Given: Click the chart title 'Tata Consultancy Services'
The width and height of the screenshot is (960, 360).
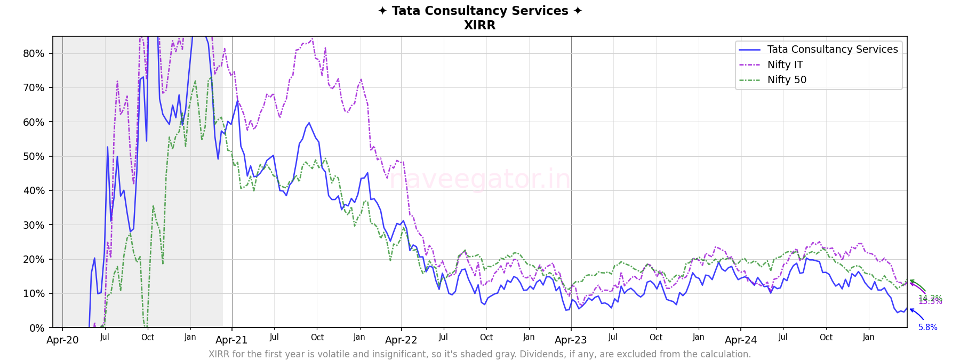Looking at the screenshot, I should [x=479, y=11].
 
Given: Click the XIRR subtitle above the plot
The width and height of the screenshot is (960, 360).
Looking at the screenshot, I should [x=479, y=26].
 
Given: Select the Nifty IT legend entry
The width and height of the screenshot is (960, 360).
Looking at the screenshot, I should [x=785, y=65].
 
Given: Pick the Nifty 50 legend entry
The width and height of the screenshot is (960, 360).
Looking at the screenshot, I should [x=787, y=80].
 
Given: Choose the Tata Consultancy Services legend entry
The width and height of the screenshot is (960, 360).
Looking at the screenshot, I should [x=832, y=50].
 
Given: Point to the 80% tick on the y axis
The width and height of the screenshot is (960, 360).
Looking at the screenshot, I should [x=34, y=53].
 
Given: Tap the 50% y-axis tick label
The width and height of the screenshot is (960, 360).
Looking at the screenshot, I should [x=34, y=156].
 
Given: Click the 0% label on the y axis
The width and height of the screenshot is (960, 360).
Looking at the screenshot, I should [x=36, y=328].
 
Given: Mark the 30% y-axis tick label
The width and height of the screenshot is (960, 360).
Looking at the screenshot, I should [x=34, y=225].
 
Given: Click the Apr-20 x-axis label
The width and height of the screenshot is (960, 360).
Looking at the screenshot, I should [x=62, y=340].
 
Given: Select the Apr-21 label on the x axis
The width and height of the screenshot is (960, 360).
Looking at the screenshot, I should [x=231, y=340].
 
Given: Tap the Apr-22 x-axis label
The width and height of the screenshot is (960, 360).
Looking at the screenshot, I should [x=401, y=340].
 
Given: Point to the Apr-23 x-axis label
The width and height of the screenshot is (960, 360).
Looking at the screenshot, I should [x=571, y=340].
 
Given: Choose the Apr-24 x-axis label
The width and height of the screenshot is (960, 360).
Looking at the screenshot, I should [x=741, y=340].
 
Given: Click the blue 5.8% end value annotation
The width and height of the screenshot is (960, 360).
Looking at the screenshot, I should [x=927, y=327].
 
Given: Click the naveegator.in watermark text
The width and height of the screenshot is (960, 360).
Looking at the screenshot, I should [x=479, y=179].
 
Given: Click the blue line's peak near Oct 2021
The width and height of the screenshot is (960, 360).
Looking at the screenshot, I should [x=309, y=123].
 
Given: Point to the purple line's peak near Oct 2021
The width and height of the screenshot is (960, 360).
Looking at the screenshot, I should [x=312, y=39].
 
